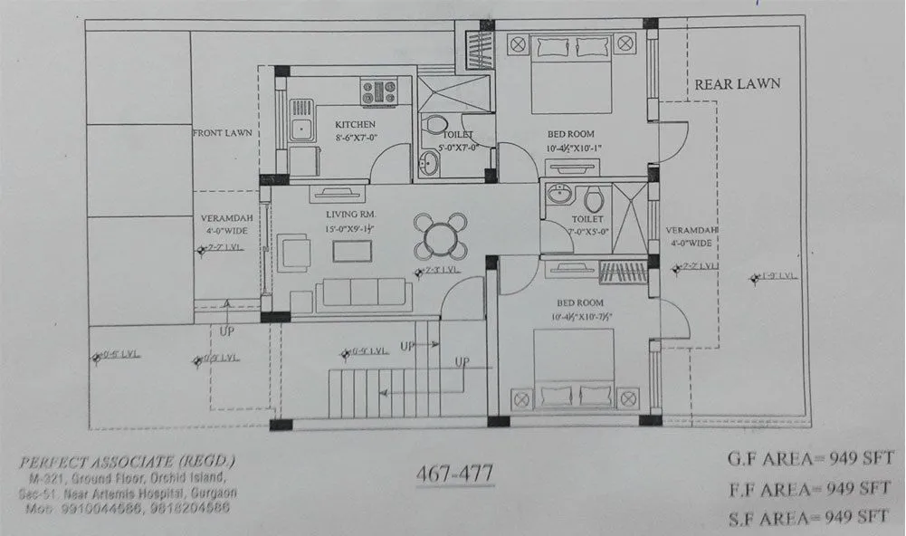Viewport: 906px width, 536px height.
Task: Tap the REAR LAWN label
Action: pyautogui.click(x=738, y=83)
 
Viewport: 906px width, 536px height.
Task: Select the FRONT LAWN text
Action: pyautogui.click(x=222, y=133)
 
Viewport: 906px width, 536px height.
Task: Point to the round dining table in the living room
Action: pyautogui.click(x=441, y=236)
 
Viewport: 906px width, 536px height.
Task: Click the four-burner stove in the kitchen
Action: pyautogui.click(x=379, y=91)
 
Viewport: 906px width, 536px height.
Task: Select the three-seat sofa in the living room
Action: pyautogui.click(x=364, y=292)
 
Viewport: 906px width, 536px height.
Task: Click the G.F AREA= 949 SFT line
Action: pyautogui.click(x=808, y=458)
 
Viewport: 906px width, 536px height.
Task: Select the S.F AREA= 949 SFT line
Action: pyautogui.click(x=808, y=517)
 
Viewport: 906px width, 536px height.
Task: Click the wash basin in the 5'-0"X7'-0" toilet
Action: pyautogui.click(x=428, y=163)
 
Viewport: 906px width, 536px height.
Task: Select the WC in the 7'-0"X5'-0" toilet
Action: pyautogui.click(x=594, y=198)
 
